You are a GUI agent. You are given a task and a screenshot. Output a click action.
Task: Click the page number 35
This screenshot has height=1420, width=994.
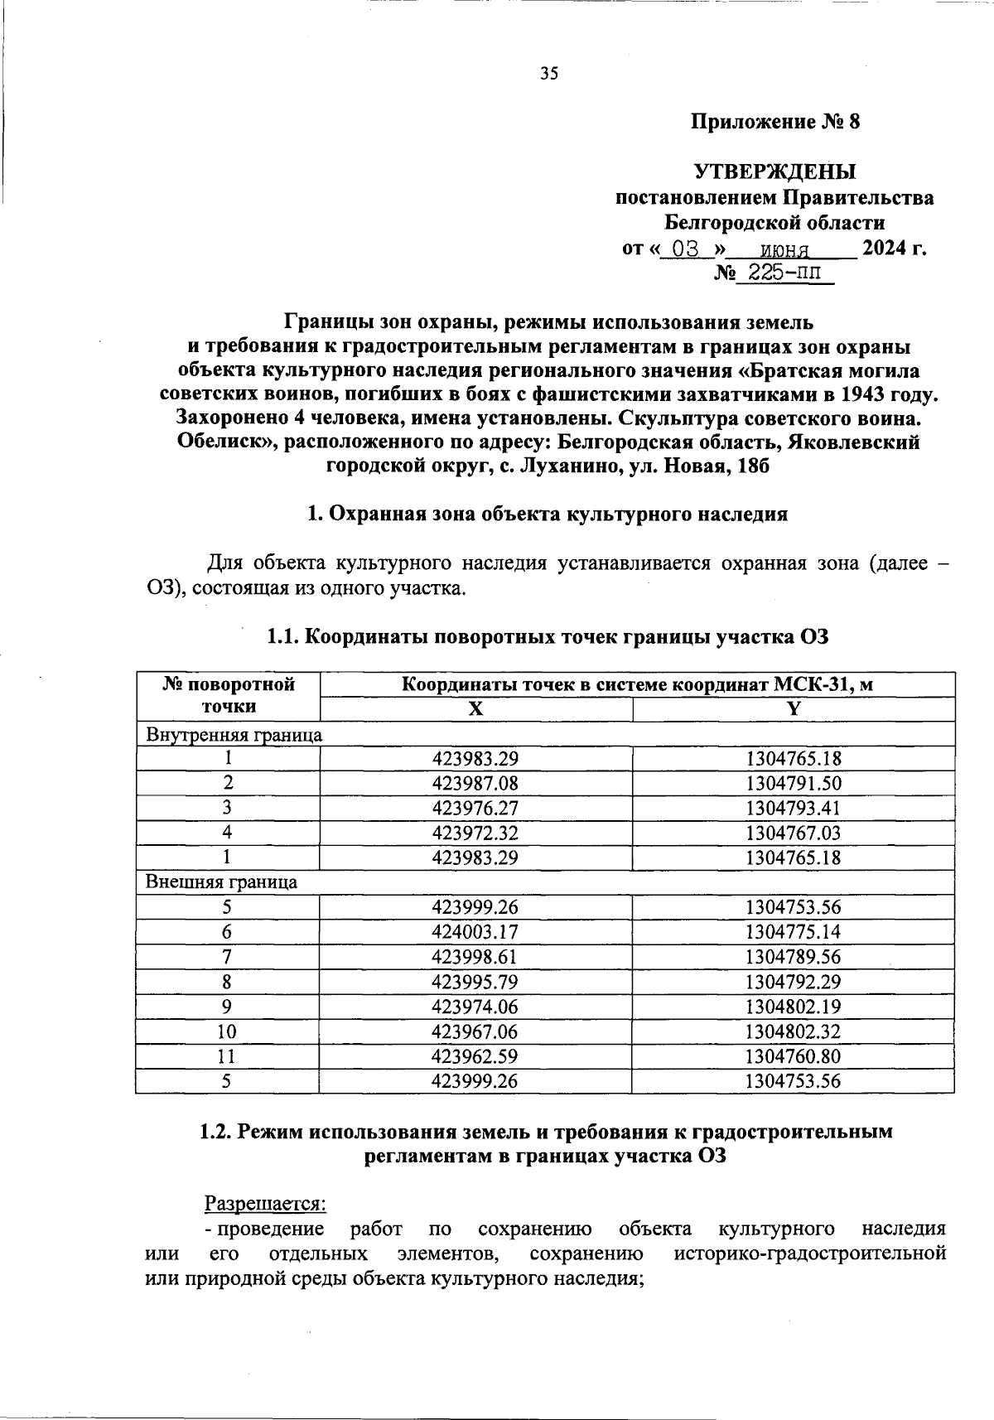[549, 74]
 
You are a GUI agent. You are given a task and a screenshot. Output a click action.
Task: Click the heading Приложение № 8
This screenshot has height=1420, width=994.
[776, 123]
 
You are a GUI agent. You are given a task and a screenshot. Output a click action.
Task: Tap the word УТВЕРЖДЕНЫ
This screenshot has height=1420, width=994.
[774, 172]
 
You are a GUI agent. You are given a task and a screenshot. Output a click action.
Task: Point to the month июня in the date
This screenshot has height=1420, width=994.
[784, 249]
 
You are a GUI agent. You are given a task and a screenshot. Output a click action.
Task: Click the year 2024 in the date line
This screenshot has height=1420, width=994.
[885, 248]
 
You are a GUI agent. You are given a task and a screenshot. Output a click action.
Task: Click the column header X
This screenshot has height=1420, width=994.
[475, 708]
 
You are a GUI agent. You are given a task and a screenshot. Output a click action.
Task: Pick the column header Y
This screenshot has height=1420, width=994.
[793, 708]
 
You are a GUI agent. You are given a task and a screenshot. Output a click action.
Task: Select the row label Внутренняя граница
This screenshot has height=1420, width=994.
[234, 734]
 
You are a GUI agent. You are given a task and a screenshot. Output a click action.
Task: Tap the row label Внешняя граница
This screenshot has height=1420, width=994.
[222, 881]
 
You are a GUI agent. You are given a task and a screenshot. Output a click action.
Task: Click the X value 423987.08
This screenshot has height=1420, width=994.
[475, 783]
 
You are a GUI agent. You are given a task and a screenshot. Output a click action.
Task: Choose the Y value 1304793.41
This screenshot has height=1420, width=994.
[793, 808]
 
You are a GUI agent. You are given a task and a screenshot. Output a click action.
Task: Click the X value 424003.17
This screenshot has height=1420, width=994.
[475, 932]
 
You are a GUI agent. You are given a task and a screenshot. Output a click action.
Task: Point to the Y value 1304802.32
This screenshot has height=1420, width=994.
[793, 1031]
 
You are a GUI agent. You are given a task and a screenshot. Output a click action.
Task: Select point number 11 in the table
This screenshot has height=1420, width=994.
[226, 1056]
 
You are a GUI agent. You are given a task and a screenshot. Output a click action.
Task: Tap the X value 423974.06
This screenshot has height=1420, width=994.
[475, 1007]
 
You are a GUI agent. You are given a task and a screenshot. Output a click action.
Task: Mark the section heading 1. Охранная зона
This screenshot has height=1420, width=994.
[547, 514]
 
